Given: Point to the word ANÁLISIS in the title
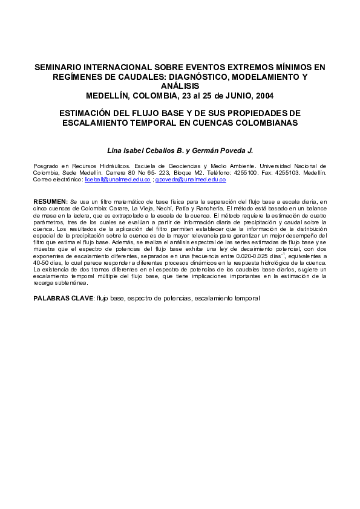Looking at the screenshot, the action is click(x=180, y=86).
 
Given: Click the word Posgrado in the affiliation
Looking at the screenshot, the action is click(x=45, y=165).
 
